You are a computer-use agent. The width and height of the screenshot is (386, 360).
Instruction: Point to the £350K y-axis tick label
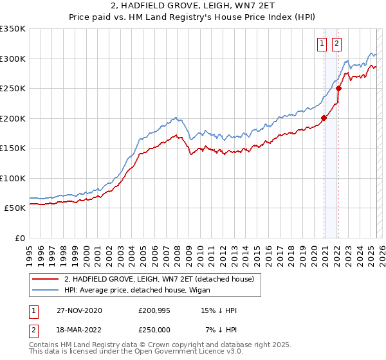13,29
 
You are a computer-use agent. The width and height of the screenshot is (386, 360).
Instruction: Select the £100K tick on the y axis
13,178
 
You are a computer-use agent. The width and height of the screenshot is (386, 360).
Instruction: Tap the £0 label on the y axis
19,238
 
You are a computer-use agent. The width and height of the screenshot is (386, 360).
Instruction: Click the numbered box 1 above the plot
321,44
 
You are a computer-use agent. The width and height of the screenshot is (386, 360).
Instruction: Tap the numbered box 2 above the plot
336,44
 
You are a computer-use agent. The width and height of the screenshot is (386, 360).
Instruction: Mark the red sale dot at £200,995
324,118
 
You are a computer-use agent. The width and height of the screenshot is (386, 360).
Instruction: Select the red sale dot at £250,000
338,89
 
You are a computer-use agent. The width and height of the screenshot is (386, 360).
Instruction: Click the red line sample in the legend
45,279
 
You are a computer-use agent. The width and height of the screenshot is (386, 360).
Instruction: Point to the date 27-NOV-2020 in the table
78,310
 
